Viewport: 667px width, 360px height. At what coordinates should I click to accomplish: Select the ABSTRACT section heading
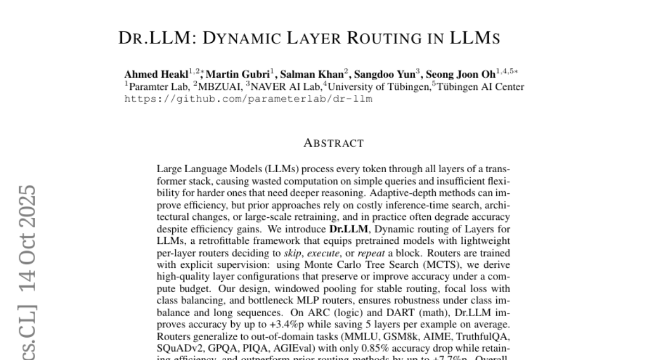333,143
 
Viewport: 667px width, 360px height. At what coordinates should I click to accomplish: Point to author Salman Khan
312,74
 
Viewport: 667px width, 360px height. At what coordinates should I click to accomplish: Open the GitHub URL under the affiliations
248,99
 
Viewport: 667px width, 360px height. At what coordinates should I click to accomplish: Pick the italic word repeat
371,253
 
